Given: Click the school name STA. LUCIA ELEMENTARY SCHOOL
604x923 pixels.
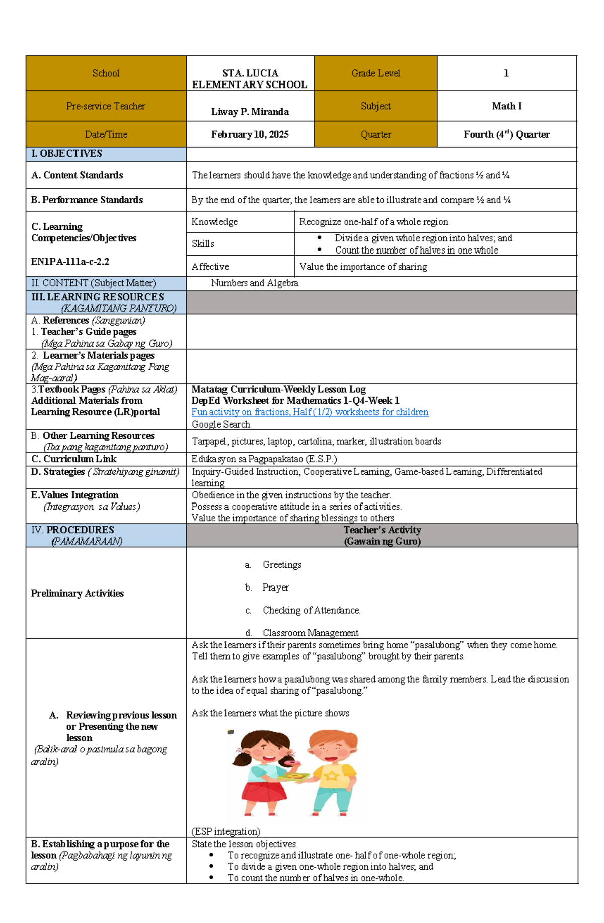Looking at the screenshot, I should point(250,79).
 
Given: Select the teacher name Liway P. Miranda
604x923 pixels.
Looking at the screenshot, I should point(250,112).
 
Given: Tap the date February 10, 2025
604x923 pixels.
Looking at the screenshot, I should point(250,134).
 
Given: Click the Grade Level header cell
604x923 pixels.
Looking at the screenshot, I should point(375,73).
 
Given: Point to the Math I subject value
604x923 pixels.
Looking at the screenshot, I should point(506,106).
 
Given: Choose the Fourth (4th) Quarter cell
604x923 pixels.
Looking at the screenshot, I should point(506,134).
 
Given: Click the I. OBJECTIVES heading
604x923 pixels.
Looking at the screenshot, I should point(66,154).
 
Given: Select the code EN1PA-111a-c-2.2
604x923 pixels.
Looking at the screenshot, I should point(70,262).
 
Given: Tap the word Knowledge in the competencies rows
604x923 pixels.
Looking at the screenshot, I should point(214,222).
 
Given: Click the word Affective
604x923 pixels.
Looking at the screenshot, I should point(210,267).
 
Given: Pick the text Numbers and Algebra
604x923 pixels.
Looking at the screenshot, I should point(255,283).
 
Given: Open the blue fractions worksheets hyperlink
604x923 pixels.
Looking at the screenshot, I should point(310,412).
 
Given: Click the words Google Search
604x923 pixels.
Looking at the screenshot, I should point(220,424).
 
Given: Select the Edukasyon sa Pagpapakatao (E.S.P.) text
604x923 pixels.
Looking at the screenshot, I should point(264,459).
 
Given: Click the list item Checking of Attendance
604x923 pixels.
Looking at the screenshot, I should point(311,610).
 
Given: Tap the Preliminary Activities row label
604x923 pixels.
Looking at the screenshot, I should point(77,593).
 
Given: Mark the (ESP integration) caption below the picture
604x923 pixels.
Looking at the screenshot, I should point(226,831).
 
